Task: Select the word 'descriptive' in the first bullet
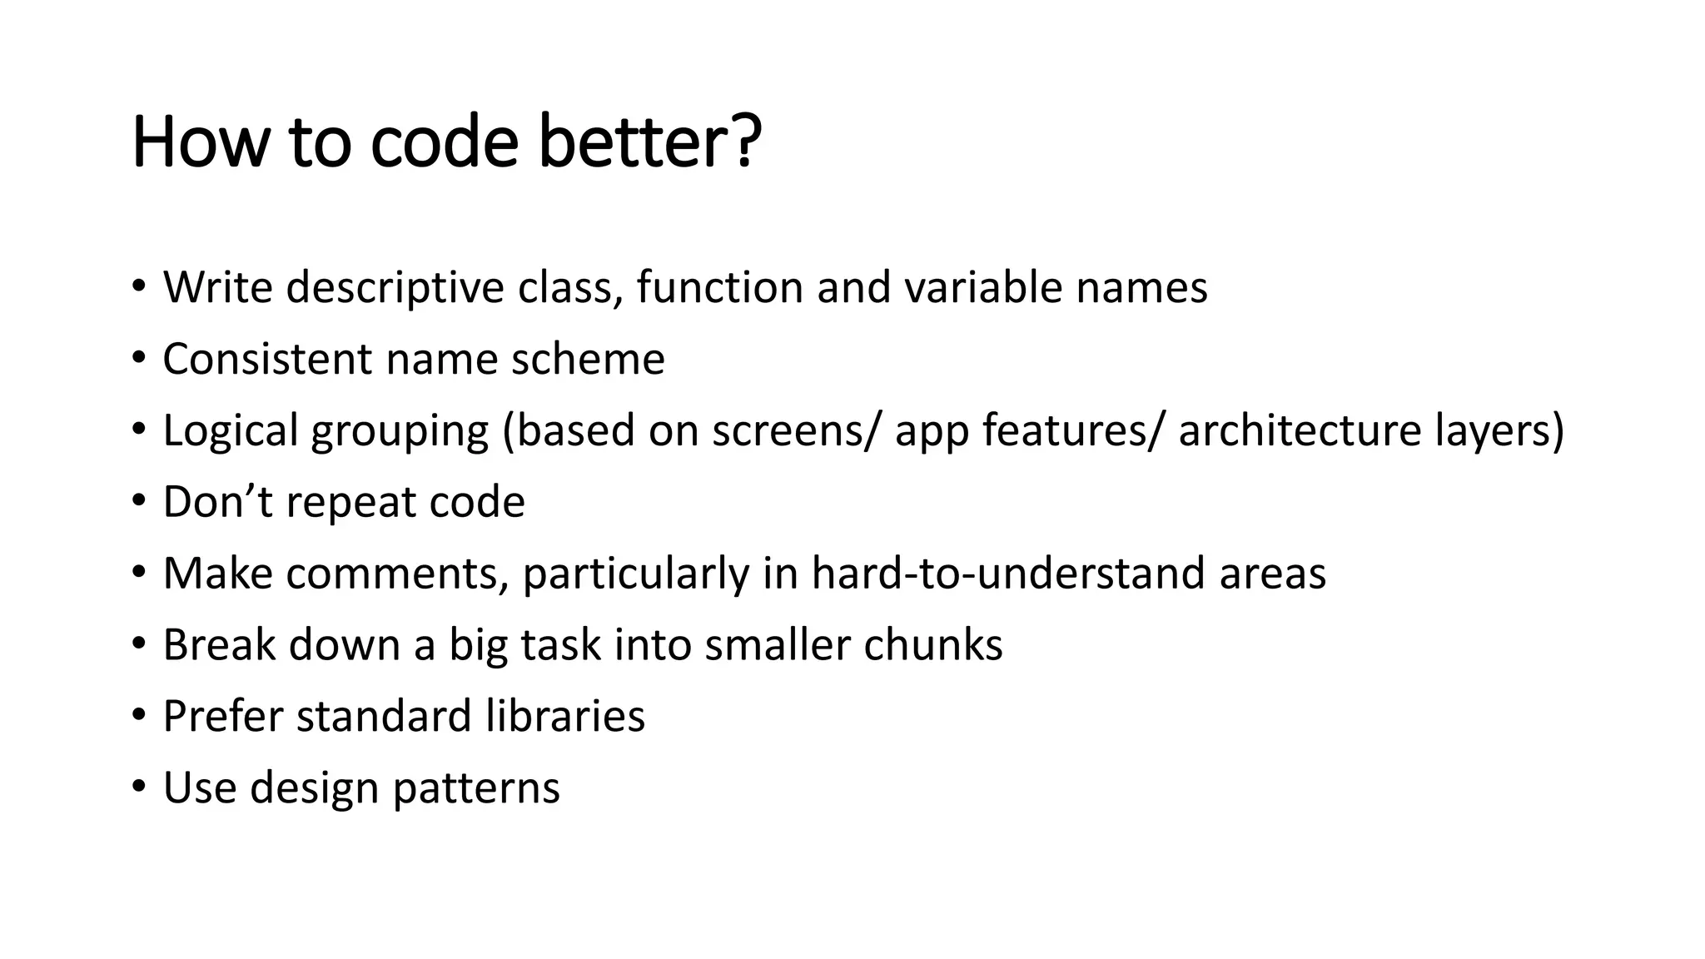[395, 288]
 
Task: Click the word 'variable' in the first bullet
[982, 288]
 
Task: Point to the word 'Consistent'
[267, 360]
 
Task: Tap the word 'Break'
[218, 645]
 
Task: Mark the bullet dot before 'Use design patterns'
[138, 787]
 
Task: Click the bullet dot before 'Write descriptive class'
[138, 286]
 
